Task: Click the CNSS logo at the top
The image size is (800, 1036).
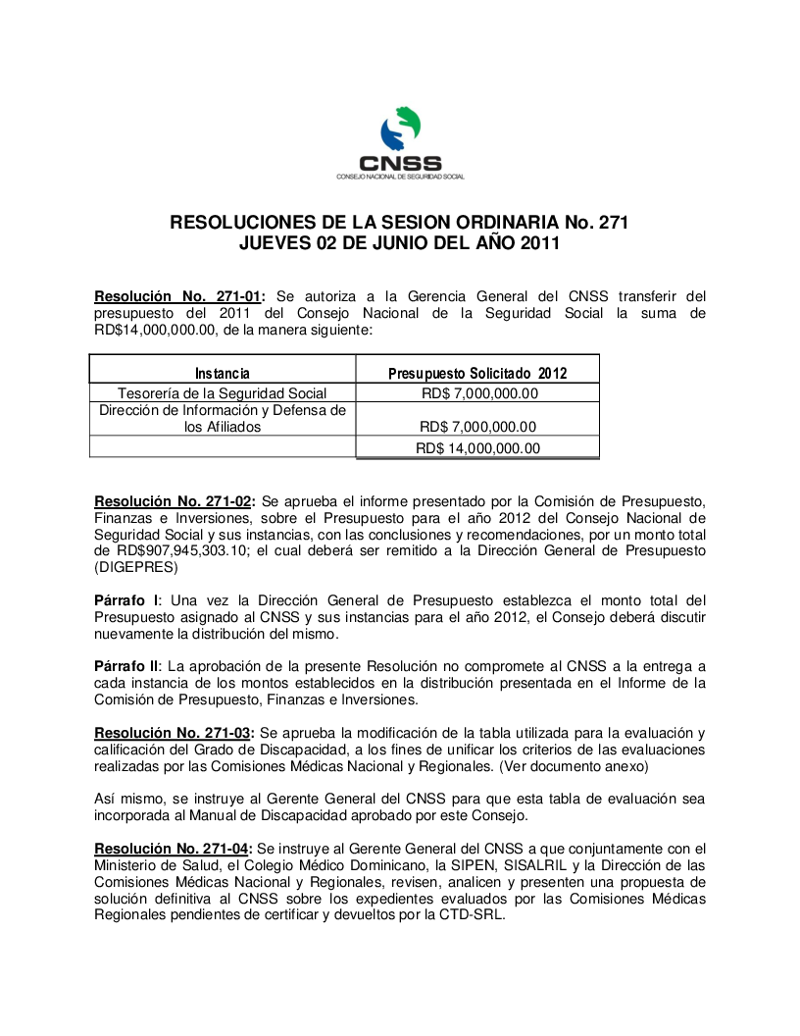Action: (x=400, y=144)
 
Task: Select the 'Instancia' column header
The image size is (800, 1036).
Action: (x=222, y=373)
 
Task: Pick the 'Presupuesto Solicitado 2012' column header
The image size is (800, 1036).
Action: (x=477, y=373)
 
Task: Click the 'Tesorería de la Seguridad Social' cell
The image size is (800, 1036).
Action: (x=222, y=393)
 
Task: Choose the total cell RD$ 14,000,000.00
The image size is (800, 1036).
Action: (x=477, y=448)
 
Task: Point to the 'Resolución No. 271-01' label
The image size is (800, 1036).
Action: (x=177, y=295)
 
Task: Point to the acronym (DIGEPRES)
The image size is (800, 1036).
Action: (x=136, y=567)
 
